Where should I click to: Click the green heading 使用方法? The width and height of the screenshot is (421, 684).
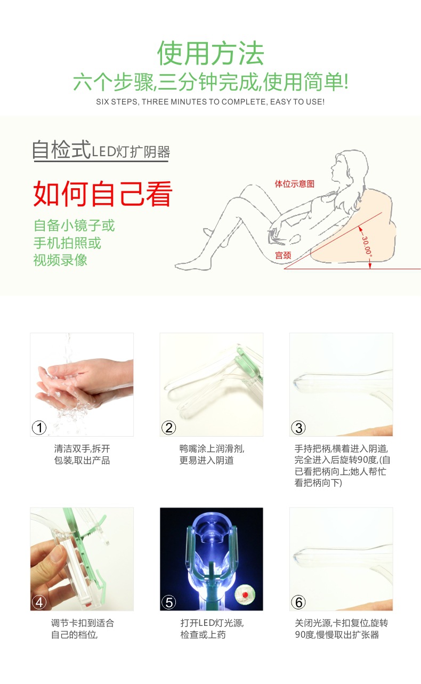point(210,53)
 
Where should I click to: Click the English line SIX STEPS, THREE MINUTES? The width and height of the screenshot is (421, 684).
point(210,101)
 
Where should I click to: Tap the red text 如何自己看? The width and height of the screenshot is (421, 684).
point(103,194)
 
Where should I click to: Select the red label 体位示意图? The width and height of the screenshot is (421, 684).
point(294,183)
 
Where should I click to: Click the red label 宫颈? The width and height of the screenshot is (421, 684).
point(282,255)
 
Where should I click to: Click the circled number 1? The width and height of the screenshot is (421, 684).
point(39,428)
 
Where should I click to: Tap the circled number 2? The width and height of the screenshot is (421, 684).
point(169,428)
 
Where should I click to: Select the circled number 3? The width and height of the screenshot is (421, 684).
point(298,428)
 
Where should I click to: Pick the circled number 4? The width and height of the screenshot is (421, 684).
point(39,602)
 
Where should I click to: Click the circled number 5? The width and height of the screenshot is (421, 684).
point(169,602)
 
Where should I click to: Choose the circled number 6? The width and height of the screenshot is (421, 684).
point(298,602)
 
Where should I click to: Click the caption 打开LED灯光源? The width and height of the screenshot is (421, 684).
point(212,623)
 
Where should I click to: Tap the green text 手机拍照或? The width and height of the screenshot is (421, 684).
point(67,243)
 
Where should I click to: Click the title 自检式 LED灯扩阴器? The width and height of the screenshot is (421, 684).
point(100,150)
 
